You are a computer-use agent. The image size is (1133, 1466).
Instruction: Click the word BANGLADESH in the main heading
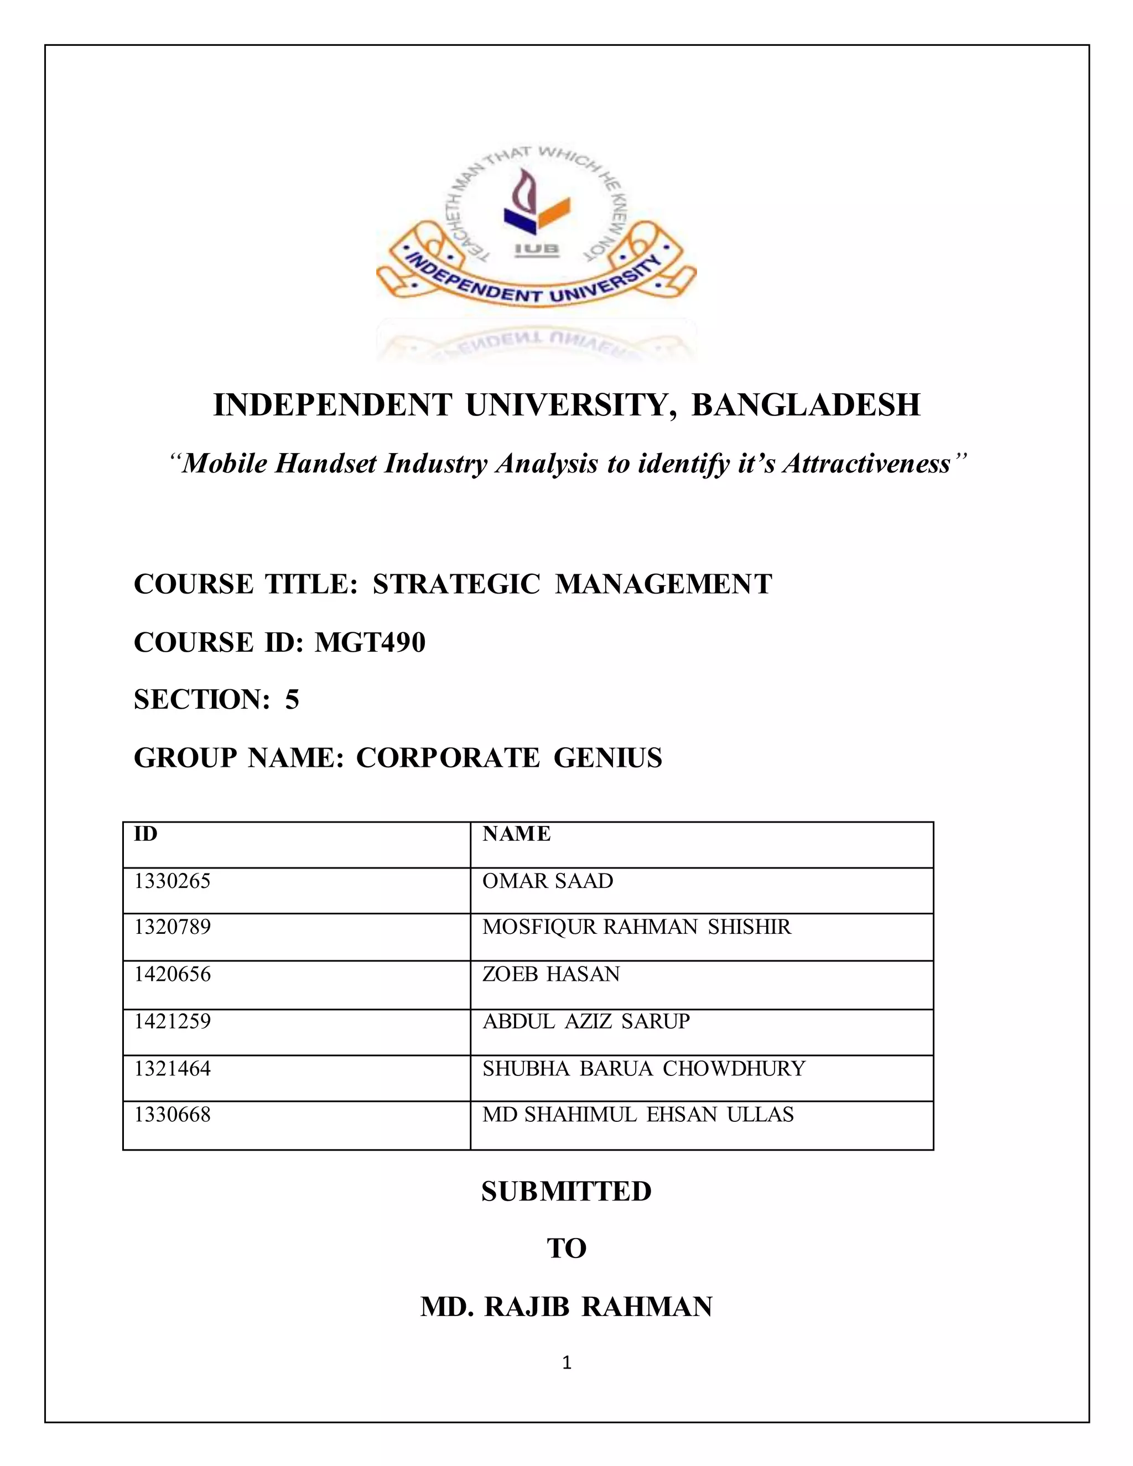[x=805, y=406]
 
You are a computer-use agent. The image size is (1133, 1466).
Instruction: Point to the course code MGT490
[x=370, y=642]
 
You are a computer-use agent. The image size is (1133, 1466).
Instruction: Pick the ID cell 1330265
[x=172, y=881]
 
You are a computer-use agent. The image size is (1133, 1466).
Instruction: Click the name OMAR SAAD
[x=548, y=881]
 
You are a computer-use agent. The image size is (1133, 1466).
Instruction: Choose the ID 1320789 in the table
[x=172, y=927]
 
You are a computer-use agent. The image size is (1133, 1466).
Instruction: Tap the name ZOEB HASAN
[x=551, y=974]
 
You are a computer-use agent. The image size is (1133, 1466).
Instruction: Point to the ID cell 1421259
[x=172, y=1021]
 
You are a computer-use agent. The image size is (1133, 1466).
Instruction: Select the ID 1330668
[x=172, y=1114]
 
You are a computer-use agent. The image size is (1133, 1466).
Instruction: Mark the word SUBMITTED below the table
[x=566, y=1192]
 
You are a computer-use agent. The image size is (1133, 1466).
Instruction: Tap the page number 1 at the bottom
[x=566, y=1362]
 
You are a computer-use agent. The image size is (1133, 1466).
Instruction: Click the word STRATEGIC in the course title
[x=456, y=584]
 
